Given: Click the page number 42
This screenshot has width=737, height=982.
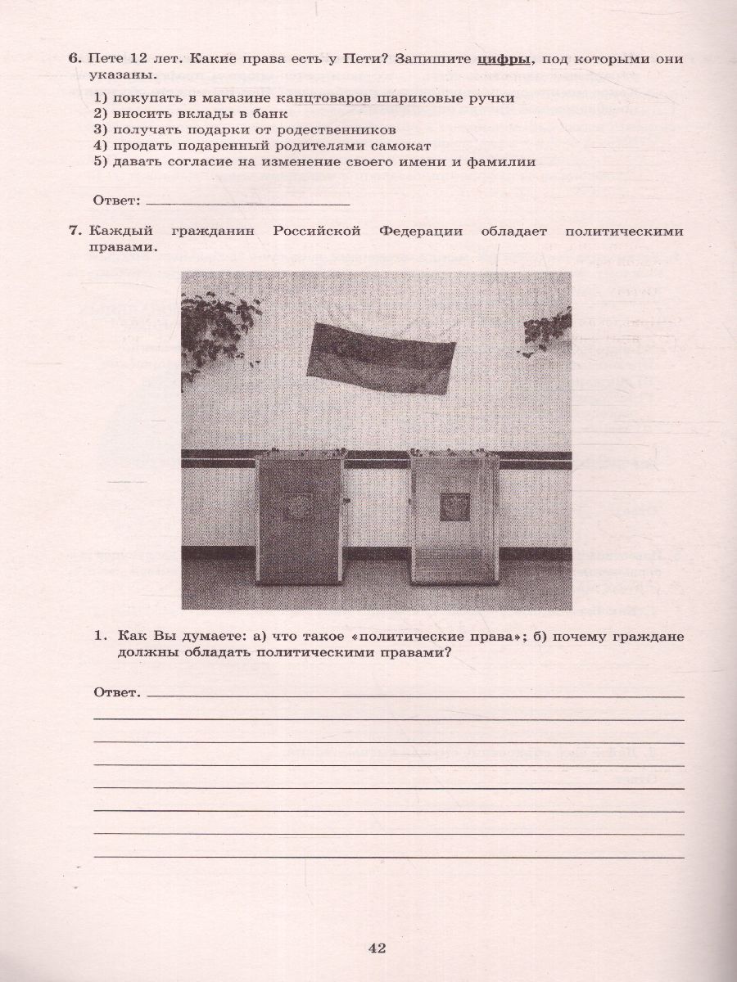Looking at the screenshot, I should coord(377,948).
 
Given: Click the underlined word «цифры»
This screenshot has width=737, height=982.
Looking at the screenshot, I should coord(504,59).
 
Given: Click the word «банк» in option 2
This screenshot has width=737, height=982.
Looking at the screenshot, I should coord(265,114).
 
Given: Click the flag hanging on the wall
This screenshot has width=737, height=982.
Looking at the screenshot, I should coord(382,358).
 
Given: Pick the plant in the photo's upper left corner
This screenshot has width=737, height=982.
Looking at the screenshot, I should coord(218,327).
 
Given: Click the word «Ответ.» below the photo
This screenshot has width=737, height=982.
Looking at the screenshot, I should coord(118,693).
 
